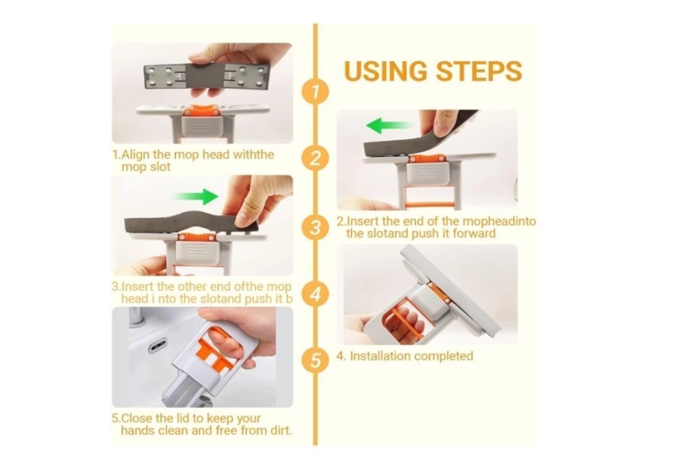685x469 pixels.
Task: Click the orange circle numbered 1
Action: (315, 92)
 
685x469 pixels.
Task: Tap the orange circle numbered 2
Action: (315, 158)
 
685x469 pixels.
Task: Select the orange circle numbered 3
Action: (315, 227)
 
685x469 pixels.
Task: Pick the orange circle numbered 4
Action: (315, 294)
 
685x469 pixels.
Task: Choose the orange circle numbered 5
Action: (315, 361)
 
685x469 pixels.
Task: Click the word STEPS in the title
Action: (479, 71)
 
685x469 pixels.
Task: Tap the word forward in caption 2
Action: (474, 233)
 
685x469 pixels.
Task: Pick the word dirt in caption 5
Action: (279, 431)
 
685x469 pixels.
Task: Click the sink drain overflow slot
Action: (157, 347)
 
